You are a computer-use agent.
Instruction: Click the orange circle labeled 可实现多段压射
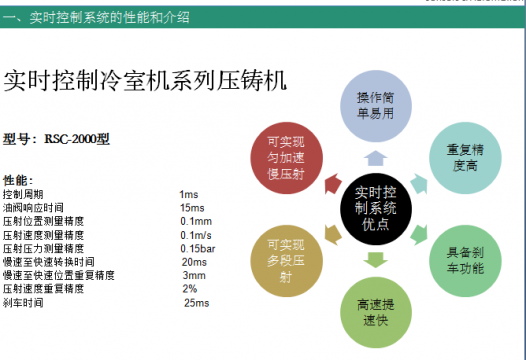click(286, 259)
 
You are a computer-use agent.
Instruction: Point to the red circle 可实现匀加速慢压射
click(287, 155)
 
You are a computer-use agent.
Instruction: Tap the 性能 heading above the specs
click(17, 180)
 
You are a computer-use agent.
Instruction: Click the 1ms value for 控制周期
click(190, 193)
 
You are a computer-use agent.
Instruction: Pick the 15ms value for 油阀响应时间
click(192, 207)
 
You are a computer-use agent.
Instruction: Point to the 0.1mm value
click(196, 221)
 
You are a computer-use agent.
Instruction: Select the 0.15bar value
click(198, 248)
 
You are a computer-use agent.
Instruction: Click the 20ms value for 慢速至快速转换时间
click(195, 261)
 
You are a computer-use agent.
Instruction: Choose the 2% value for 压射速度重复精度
click(190, 288)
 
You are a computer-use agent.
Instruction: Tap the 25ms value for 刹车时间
click(196, 302)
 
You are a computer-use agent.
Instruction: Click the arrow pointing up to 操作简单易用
click(374, 156)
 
